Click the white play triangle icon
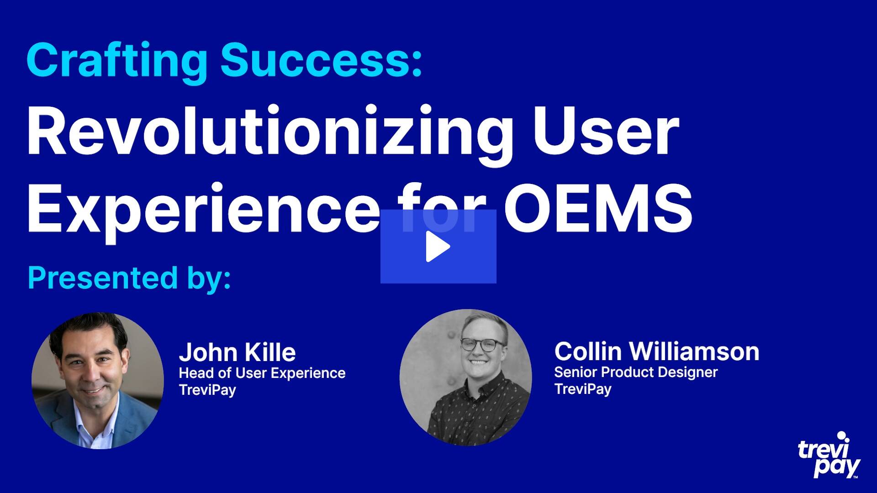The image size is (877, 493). point(437,246)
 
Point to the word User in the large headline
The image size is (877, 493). point(606,131)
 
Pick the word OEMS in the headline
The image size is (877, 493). point(598,209)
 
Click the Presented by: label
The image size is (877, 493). point(129,278)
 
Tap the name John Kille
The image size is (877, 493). point(237,352)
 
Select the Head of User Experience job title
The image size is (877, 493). point(262,373)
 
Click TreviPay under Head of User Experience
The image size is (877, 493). point(207,390)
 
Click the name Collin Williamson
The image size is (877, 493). point(656,351)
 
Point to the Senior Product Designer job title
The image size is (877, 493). point(636,372)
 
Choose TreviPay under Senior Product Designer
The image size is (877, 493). point(583,389)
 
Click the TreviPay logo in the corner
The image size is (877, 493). point(829,455)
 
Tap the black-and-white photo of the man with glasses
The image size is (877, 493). point(465,377)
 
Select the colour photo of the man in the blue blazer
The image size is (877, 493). point(97,381)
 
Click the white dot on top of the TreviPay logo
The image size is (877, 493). point(841,435)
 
